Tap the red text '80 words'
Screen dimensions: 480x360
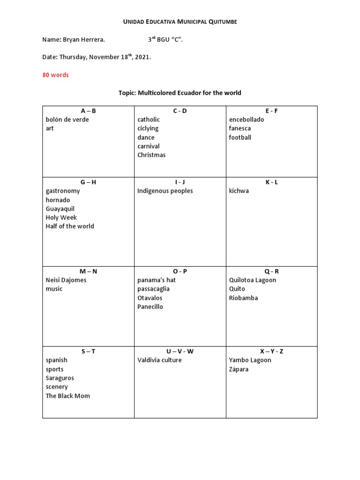point(55,75)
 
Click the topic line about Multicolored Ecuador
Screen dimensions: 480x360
point(180,93)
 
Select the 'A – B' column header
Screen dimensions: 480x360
point(88,111)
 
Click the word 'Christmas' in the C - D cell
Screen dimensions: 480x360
point(151,155)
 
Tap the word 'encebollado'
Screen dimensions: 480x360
point(247,120)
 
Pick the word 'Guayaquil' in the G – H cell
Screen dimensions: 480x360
point(60,209)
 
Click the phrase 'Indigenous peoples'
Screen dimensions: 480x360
point(165,191)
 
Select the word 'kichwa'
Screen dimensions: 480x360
point(239,191)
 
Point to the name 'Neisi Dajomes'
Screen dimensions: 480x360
point(66,280)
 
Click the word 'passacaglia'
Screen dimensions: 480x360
point(153,289)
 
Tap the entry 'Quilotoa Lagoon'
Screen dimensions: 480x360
point(253,280)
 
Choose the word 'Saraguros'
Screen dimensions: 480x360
point(60,378)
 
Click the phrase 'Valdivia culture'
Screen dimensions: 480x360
point(159,360)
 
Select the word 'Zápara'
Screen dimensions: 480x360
point(239,369)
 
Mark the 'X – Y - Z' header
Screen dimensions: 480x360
point(271,351)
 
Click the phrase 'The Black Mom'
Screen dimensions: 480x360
point(67,396)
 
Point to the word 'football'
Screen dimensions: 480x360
point(240,137)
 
